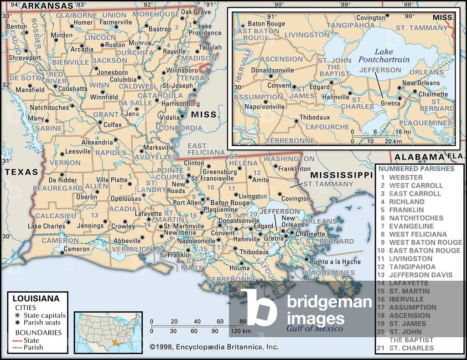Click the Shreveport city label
click(x=24, y=58)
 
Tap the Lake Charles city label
click(x=47, y=226)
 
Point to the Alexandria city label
click(x=97, y=142)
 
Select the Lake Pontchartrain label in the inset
click(x=384, y=56)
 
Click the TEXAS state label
click(x=21, y=172)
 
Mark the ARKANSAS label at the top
click(x=47, y=5)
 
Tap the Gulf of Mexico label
click(x=315, y=329)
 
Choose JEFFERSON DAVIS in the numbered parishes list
click(x=420, y=275)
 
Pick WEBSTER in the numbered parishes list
click(x=405, y=177)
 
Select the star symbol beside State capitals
click(x=17, y=315)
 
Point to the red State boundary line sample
click(x=17, y=340)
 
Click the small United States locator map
click(x=108, y=326)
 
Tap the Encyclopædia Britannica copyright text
click(x=214, y=347)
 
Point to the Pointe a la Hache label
click(x=335, y=262)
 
